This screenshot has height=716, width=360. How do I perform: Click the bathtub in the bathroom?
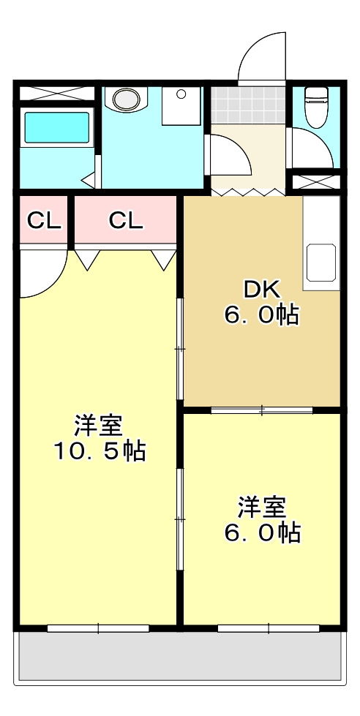point(56,127)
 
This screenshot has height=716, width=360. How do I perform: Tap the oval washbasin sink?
point(126,99)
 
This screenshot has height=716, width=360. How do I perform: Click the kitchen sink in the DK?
point(321,263)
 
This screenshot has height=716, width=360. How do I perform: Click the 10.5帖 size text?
point(100,451)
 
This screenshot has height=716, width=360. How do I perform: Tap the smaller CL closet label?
point(44,221)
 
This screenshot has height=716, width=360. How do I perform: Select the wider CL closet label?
point(126,221)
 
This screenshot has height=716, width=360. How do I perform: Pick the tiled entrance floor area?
point(248,105)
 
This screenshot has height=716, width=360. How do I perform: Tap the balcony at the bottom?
point(180,657)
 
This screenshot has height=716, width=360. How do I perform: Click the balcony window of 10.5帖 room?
point(98,628)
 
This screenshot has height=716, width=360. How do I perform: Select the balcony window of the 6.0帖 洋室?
point(269,628)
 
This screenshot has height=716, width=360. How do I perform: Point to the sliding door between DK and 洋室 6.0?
point(262,410)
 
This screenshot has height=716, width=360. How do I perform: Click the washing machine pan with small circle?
point(181,105)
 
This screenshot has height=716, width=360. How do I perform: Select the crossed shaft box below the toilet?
point(316,181)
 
